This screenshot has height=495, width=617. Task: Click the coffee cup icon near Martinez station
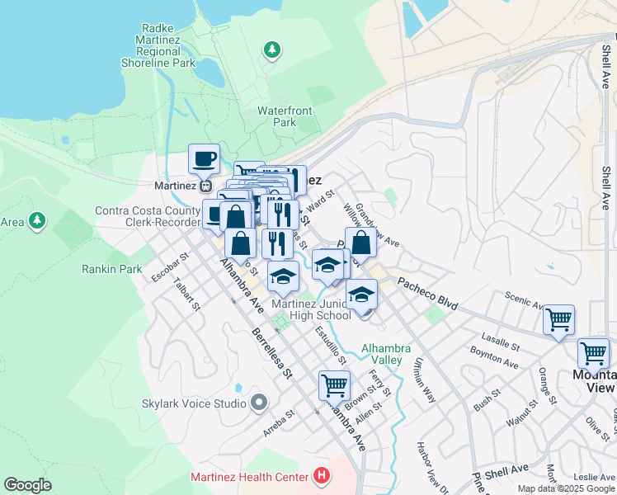(204, 158)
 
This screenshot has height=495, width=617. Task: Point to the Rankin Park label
(112, 269)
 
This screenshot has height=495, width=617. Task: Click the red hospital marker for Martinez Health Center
(321, 476)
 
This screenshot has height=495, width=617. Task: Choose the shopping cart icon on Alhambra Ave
(334, 384)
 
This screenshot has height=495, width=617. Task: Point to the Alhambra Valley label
(382, 353)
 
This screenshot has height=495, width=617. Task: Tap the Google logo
(27, 485)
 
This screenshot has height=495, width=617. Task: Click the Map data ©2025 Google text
(566, 488)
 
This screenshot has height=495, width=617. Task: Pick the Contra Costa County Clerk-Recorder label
(148, 216)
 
